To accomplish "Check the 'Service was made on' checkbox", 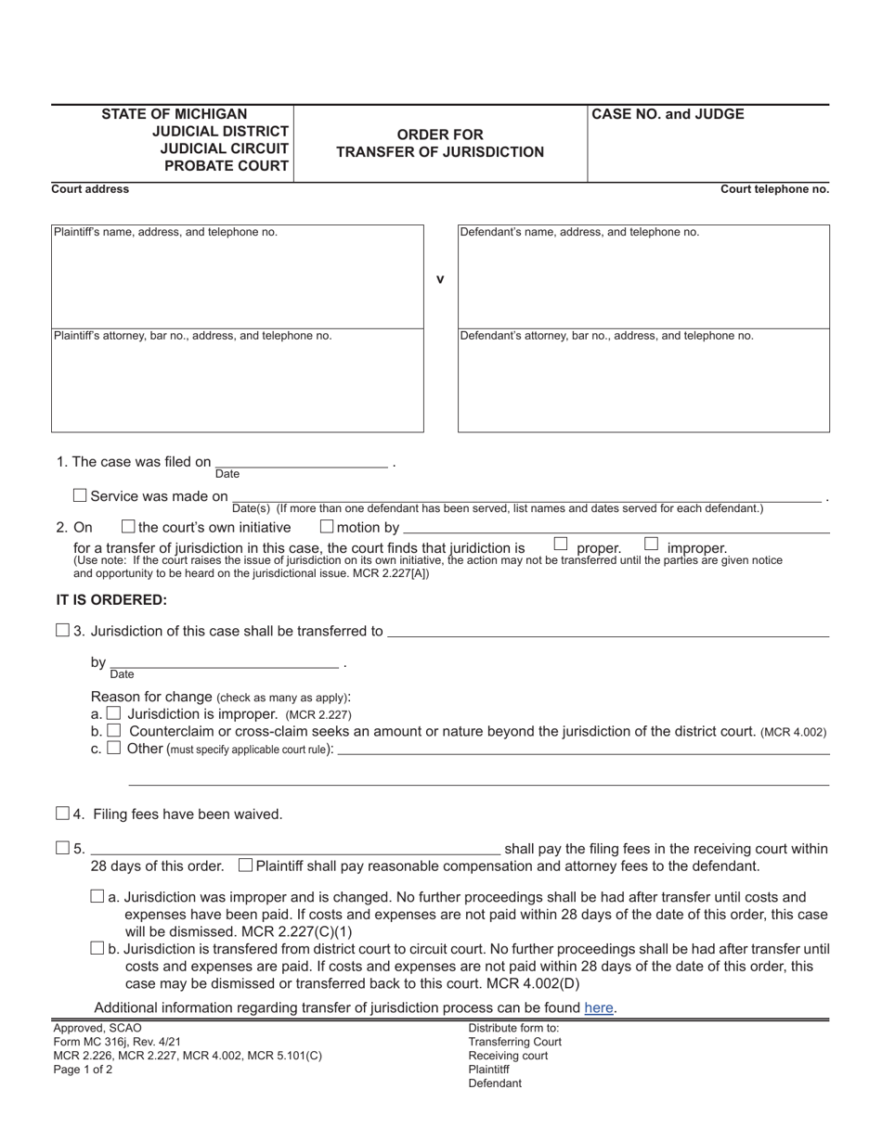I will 80,495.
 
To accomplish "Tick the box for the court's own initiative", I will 129,527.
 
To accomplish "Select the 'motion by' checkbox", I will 327,527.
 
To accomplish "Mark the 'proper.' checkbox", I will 561,544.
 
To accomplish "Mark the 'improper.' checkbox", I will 651,544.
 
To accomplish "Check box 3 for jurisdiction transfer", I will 62,631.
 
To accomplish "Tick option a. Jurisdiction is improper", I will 113,713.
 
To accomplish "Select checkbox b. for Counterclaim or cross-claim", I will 114,731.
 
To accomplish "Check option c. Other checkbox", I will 113,748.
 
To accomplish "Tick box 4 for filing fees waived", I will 62,814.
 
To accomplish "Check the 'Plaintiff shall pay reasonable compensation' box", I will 245,865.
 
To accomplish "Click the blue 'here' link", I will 599,1007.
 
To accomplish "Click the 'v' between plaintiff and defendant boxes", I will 440,279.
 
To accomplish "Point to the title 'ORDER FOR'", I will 440,135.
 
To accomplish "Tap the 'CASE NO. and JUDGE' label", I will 668,115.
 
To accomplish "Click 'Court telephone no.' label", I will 774,189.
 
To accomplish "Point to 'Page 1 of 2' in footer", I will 83,1070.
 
